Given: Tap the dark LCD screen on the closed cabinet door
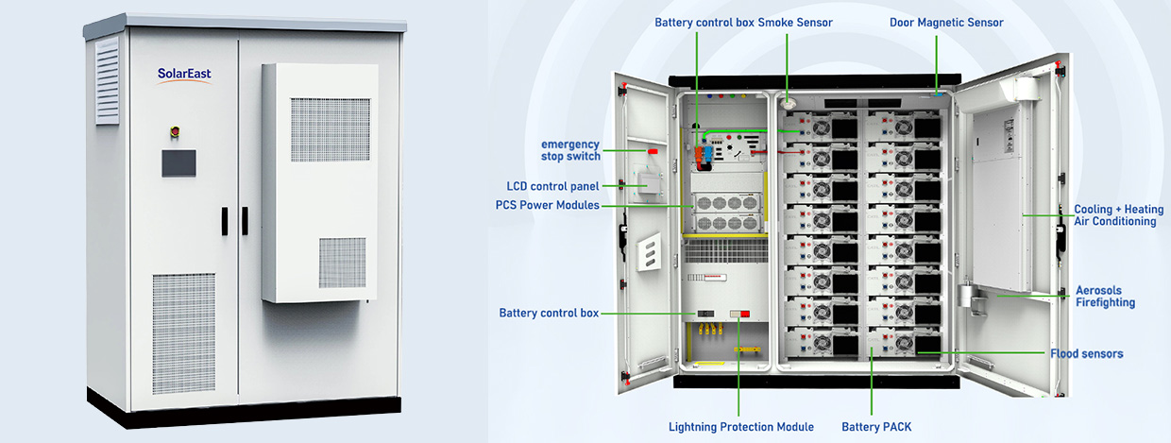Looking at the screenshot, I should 178,162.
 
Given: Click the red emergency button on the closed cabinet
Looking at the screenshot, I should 174,130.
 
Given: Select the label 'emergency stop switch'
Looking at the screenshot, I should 569,149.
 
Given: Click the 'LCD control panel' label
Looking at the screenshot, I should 552,186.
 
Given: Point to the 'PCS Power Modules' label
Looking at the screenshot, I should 547,205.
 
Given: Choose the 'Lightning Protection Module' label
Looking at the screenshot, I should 740,427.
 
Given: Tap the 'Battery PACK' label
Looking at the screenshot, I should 876,427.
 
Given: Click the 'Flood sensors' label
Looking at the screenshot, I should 1087,353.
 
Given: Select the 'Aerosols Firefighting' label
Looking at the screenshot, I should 1105,297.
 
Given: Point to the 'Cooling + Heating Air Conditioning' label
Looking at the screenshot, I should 1118,215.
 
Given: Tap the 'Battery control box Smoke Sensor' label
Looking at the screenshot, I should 744,22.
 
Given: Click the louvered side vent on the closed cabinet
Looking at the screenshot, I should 107,80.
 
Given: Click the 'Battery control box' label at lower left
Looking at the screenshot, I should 548,313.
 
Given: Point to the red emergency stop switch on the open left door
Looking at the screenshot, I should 651,150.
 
